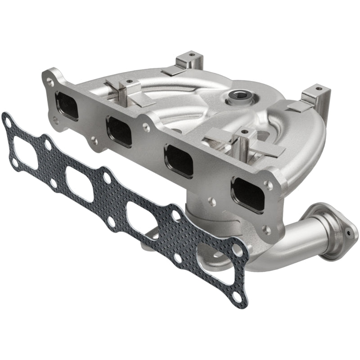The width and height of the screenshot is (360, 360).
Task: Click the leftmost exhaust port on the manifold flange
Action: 67,106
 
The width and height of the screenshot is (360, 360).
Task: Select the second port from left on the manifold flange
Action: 119,131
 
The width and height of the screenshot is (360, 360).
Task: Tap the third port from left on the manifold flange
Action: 179,160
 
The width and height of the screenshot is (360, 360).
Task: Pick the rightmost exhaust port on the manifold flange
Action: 247,193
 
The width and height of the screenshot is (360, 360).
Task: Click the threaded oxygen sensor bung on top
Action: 236,95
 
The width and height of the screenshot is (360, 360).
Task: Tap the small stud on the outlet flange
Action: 349,234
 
